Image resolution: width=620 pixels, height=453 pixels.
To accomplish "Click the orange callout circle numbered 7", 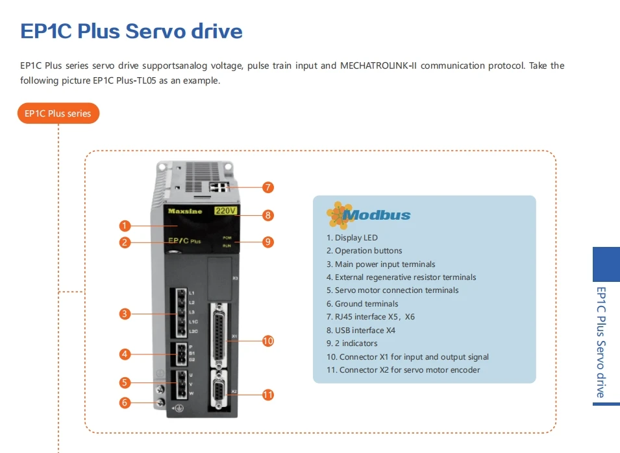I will click(267, 187).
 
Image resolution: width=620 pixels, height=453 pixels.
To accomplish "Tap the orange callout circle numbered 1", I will click(125, 226).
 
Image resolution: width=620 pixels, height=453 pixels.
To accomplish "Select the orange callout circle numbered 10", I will click(267, 341).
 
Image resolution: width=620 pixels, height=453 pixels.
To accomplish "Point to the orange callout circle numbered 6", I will click(125, 402).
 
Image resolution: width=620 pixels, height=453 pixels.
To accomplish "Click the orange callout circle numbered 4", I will click(125, 354).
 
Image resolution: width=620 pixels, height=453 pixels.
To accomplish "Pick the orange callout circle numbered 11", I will click(267, 394).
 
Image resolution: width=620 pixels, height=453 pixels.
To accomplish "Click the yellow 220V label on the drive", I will click(226, 211).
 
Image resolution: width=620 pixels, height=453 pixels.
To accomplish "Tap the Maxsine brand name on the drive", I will click(185, 211).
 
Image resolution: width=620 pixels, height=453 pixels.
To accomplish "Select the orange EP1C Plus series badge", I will click(58, 113).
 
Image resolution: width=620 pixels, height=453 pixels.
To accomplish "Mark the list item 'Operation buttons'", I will click(364, 251).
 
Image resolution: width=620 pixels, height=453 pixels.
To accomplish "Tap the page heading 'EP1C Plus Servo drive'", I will click(131, 31).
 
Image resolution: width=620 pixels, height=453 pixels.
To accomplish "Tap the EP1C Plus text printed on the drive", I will click(184, 241).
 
